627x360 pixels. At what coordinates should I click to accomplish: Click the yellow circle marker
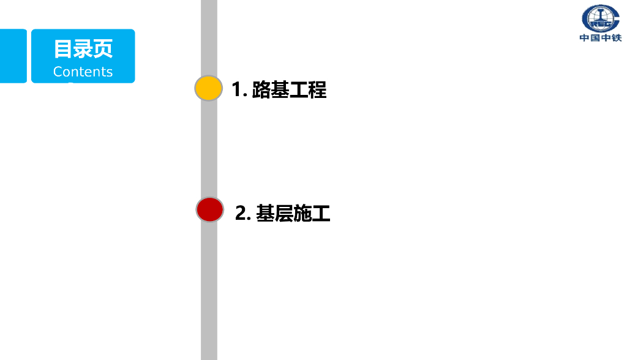[208, 89]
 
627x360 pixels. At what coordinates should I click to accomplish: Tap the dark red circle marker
[209, 209]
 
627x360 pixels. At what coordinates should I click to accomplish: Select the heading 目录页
[83, 48]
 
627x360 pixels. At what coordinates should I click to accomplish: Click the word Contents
[83, 72]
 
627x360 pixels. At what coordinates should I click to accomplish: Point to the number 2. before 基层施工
[243, 213]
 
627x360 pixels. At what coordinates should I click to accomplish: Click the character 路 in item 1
[261, 90]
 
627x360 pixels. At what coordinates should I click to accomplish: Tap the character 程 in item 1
[317, 90]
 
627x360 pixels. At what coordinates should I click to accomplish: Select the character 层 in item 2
[284, 213]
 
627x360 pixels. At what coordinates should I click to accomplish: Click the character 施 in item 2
[302, 213]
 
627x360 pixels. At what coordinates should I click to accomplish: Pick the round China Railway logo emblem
[601, 18]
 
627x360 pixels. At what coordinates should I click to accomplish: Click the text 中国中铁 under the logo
[601, 38]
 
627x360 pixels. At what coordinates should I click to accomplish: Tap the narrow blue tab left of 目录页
[13, 56]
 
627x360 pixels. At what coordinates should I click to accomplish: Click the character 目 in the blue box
[63, 48]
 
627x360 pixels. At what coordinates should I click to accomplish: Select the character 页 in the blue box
[103, 48]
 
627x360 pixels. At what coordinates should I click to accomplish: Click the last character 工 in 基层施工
[321, 213]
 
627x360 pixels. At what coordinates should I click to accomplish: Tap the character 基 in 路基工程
[280, 90]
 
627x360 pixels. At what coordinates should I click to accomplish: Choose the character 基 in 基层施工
[265, 213]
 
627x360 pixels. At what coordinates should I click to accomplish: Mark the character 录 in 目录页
[83, 48]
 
